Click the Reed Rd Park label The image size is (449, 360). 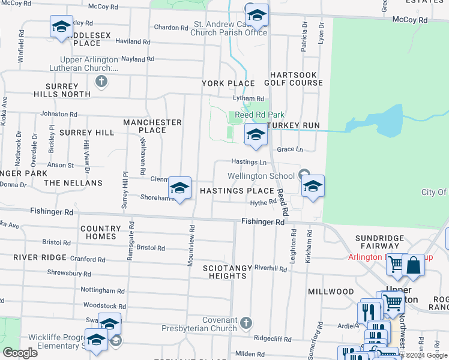[x=259, y=115]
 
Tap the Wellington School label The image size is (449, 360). [x=261, y=176]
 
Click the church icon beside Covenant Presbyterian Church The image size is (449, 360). [x=245, y=324]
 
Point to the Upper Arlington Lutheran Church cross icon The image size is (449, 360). [x=101, y=82]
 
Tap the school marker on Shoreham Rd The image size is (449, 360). [x=179, y=188]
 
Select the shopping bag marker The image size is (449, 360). [x=413, y=265]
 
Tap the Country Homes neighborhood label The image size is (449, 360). [x=101, y=232]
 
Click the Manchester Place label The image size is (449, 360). [x=152, y=126]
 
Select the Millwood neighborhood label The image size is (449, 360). [x=331, y=292]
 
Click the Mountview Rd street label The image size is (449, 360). [x=191, y=246]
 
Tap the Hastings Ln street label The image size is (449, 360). [x=249, y=162]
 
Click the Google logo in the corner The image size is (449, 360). [x=19, y=353]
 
